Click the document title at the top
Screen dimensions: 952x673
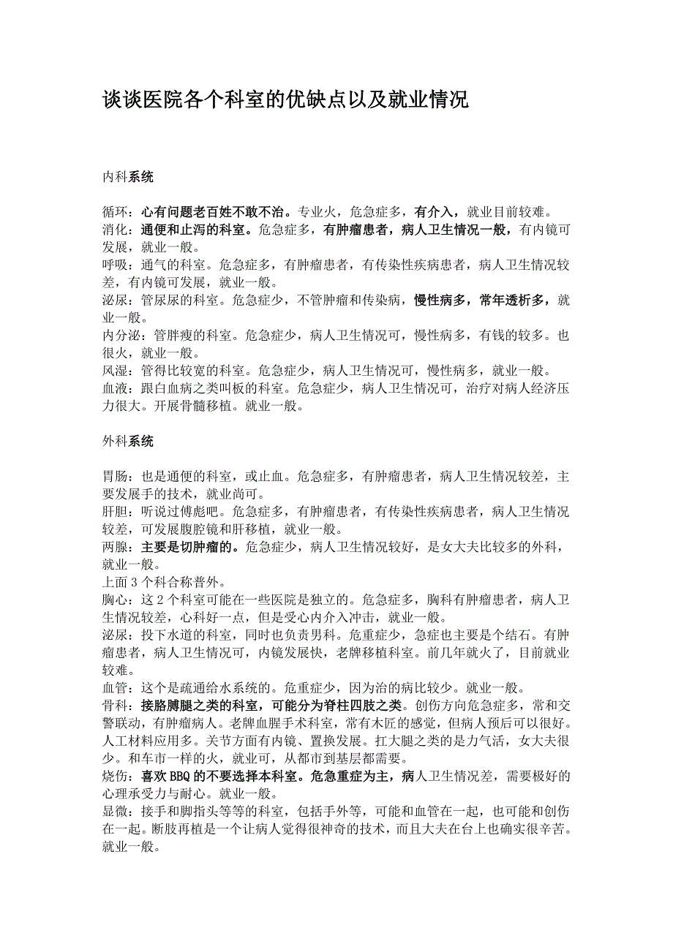pos(285,100)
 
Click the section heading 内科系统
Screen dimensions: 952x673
pos(128,176)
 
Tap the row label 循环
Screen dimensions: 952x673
pos(115,212)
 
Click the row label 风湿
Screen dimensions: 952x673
pos(115,370)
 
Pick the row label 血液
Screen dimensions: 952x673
pos(115,388)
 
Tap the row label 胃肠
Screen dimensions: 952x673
pos(115,476)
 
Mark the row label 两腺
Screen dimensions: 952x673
pos(115,546)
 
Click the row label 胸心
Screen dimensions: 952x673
pos(115,599)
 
